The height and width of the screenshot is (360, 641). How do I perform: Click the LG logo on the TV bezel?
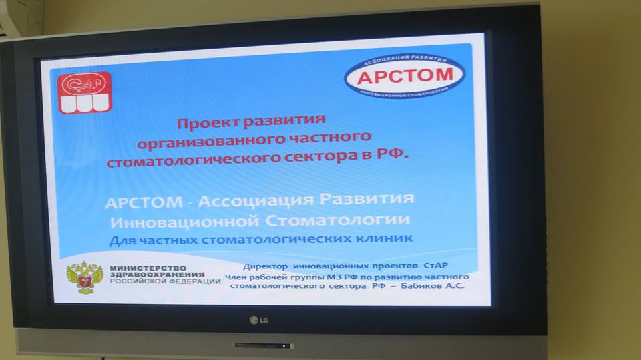259,320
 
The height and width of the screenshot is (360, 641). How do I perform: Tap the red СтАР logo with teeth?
85,93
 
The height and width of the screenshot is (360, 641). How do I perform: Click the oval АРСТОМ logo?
405,76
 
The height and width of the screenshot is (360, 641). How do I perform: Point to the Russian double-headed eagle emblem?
85,278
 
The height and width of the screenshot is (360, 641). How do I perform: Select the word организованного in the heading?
211,142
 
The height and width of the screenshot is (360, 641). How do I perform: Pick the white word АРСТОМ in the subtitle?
144,202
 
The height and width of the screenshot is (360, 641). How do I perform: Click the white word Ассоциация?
256,200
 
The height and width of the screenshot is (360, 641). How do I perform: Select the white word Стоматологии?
338,220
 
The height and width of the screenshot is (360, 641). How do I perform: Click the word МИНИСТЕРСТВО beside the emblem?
148,268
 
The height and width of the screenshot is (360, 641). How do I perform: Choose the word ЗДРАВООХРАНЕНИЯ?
157,275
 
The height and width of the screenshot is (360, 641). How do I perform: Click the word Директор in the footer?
265,266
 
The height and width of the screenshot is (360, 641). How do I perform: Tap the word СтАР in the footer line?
436,266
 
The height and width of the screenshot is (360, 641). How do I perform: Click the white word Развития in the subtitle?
367,198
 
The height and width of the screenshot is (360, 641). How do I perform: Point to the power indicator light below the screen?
284,346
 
